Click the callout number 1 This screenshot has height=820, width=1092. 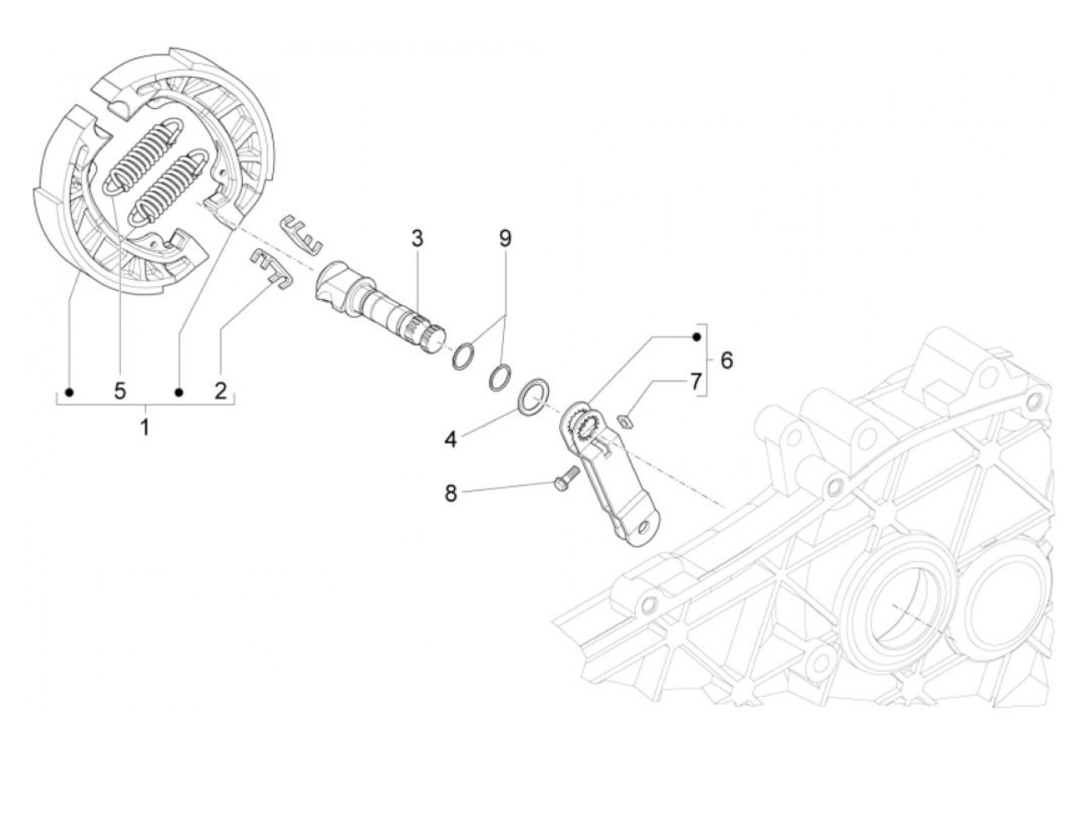point(144,426)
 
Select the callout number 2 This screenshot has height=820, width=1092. point(221,390)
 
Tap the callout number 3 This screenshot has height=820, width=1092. point(417,238)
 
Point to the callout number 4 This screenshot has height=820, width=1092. point(450,440)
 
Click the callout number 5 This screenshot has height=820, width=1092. point(119,390)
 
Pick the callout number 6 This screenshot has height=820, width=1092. point(727,360)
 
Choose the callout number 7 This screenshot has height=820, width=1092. point(693,382)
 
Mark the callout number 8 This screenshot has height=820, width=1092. point(451,493)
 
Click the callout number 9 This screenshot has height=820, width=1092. point(505,238)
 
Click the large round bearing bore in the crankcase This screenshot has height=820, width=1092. point(894,603)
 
